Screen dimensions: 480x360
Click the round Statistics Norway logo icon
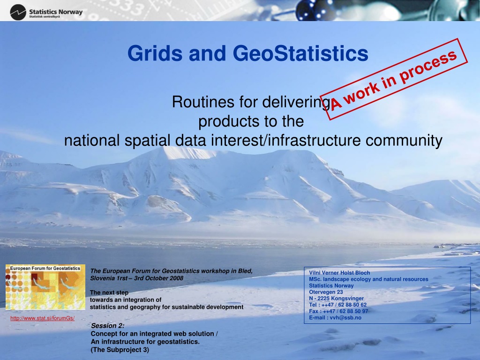[18, 12]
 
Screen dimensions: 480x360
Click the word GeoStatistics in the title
[300, 53]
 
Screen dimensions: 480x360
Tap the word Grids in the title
[155, 53]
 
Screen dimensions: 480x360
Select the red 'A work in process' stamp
[394, 79]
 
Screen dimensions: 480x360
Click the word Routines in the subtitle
[203, 102]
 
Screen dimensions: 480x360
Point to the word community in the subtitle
[404, 141]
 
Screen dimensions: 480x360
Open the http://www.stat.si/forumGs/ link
[43, 318]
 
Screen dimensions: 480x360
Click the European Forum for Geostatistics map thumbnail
[45, 287]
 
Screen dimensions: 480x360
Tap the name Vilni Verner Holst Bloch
[339, 273]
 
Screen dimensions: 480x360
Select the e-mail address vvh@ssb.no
[345, 318]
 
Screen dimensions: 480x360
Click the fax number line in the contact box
[338, 311]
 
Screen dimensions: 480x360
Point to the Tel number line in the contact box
[338, 305]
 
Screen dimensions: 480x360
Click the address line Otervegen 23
[326, 292]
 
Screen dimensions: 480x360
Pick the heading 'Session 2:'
[108, 326]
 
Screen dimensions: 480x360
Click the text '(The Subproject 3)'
[120, 350]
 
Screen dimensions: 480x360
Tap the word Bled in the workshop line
[245, 271]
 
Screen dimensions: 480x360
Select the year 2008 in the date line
[177, 278]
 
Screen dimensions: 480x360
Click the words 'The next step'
[109, 292]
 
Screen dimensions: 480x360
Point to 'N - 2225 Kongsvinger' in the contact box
[337, 299]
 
